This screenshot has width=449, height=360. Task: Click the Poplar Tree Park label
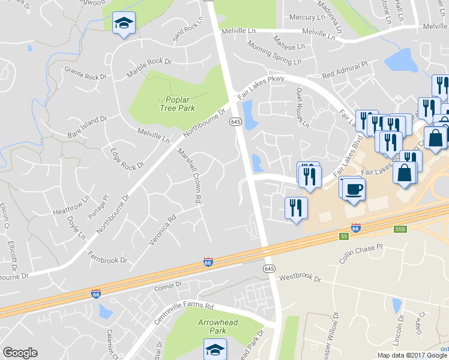point(178,104)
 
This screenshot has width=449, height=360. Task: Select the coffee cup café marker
point(354,189)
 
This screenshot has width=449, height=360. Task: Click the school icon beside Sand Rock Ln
point(124,24)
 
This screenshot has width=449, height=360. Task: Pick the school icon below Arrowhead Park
point(214,349)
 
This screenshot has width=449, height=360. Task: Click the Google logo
point(20,353)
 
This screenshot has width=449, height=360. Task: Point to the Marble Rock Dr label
point(149,69)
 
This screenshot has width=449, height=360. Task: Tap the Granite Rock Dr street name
point(85,73)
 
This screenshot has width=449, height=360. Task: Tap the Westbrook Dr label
point(301,278)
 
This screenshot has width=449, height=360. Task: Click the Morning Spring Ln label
point(274,54)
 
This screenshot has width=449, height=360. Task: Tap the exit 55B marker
point(401,229)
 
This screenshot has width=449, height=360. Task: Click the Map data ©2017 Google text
point(412,355)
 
